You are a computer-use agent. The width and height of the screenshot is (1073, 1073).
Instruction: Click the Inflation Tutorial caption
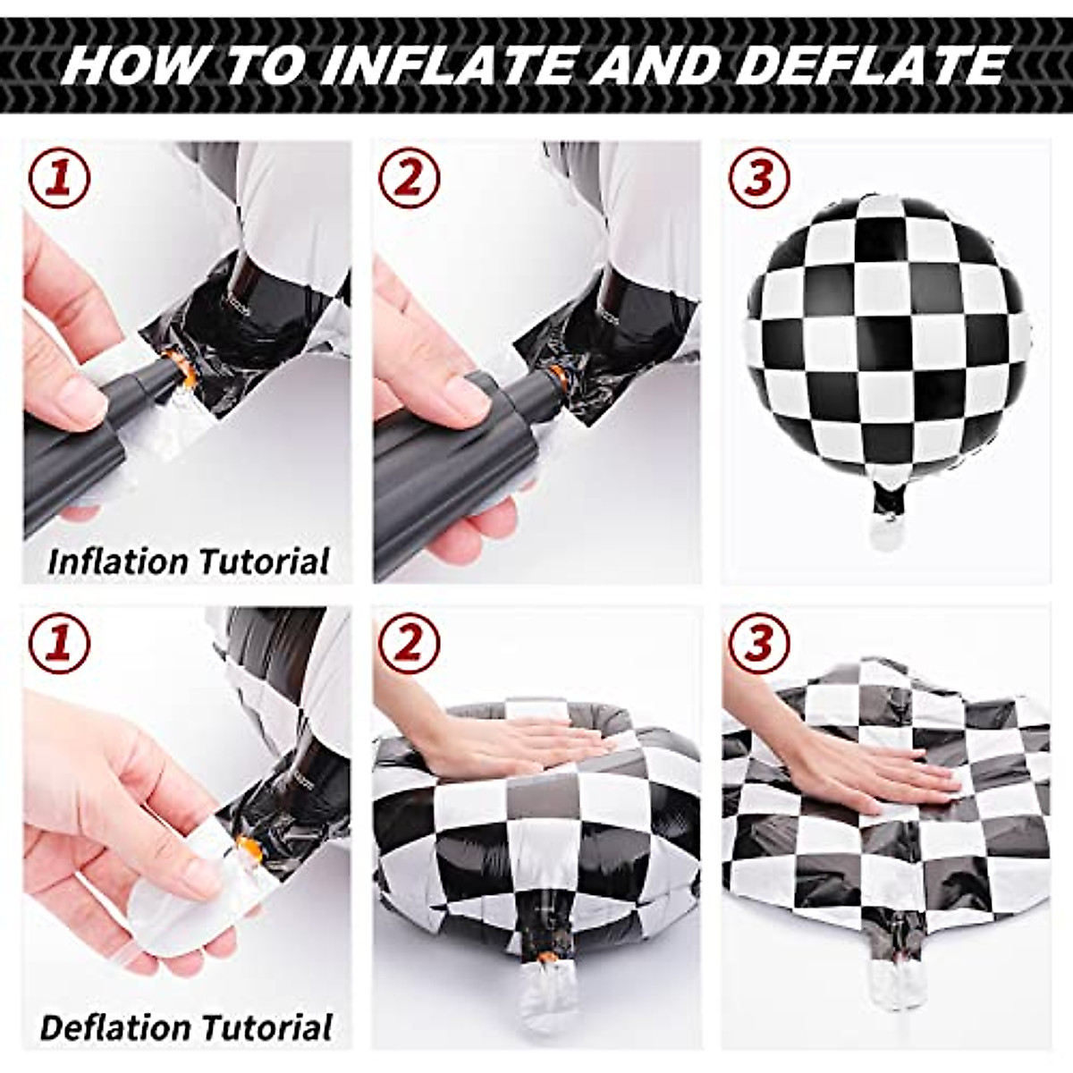click(189, 562)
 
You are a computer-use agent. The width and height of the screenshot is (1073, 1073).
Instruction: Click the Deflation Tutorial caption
click(187, 1027)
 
